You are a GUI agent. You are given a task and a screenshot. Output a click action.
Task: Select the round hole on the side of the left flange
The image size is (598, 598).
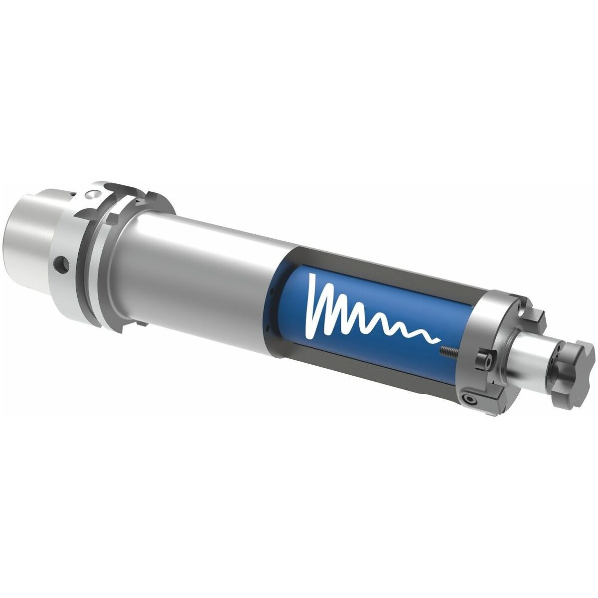pyautogui.click(x=61, y=265)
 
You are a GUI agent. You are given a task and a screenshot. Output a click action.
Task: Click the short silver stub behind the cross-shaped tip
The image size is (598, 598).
pyautogui.click(x=528, y=354)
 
